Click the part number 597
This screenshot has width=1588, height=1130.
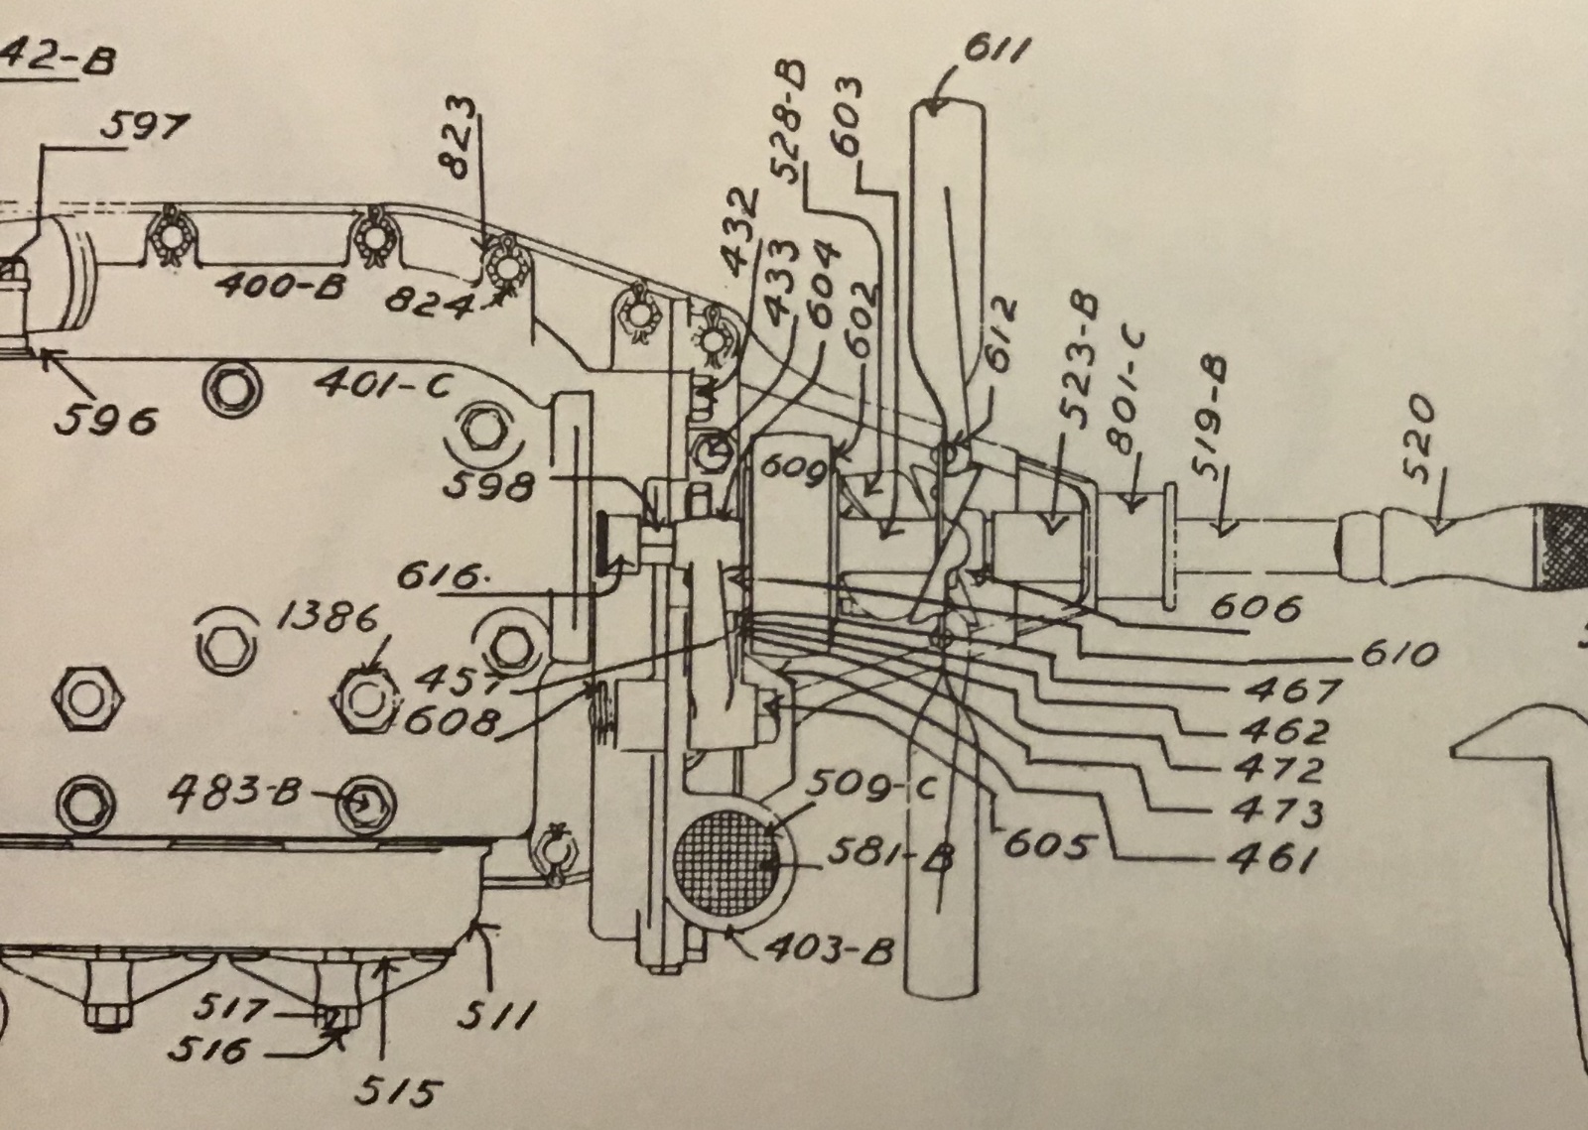145,128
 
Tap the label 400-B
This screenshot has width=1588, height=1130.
281,288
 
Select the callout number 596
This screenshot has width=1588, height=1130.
105,420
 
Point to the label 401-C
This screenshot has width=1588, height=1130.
382,383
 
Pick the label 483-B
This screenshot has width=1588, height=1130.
234,793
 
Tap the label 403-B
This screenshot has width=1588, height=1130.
829,950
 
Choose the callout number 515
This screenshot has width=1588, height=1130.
397,1092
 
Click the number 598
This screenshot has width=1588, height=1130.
489,485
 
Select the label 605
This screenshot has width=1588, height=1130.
1046,846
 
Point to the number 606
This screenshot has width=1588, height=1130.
1255,606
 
